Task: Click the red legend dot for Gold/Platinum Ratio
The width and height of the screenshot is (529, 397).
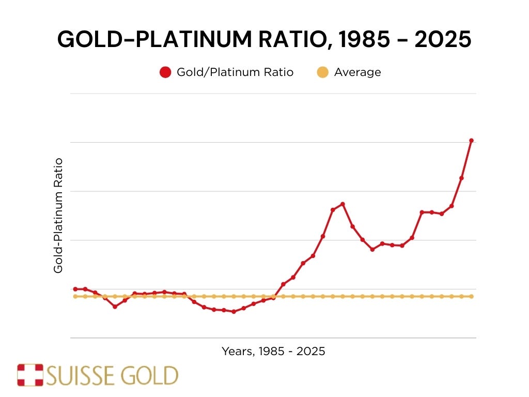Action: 165,72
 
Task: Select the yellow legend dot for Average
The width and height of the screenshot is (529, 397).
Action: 322,72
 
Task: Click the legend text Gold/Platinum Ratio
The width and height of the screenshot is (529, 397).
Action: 235,72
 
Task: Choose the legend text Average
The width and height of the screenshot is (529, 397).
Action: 357,72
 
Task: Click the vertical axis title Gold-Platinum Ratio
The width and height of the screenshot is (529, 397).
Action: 58,216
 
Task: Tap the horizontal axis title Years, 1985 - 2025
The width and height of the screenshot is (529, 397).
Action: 273,352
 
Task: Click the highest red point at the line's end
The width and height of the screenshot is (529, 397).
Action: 471,141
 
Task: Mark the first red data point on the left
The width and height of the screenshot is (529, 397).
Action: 75,289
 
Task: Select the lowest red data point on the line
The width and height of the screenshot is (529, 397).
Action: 234,312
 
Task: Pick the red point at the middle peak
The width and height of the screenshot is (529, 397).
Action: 343,204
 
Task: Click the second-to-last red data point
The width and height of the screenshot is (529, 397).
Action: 461,178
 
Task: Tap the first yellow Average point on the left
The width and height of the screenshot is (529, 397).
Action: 75,296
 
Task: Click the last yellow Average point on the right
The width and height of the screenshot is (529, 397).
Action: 471,296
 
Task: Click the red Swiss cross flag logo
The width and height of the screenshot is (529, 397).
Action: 30,375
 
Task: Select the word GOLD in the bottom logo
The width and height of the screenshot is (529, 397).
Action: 154,376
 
